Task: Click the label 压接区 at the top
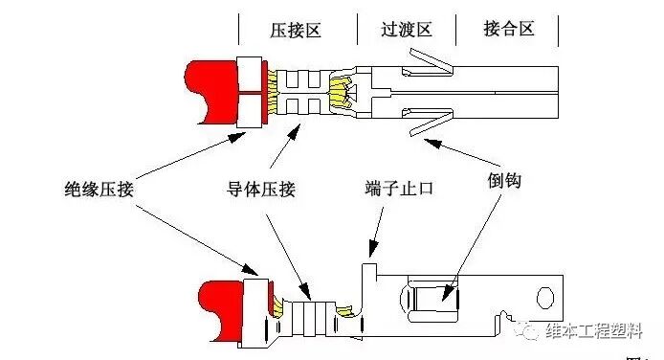coord(295,30)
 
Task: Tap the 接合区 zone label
coord(507,30)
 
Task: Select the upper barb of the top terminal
coord(429,65)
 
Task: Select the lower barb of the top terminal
coord(429,123)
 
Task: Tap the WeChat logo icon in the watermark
coord(530,331)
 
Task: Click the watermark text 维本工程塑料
coord(598,331)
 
